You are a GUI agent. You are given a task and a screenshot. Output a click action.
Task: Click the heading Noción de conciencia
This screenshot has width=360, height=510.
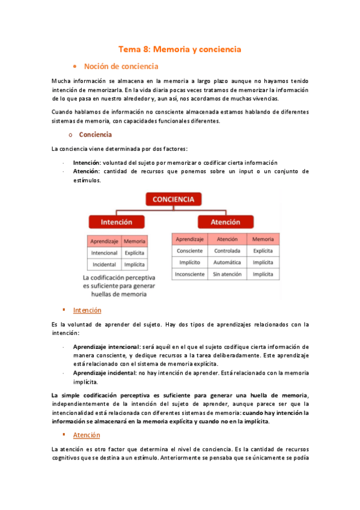[x=121, y=66]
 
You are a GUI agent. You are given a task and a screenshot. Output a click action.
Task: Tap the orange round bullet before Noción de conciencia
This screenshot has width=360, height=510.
[x=74, y=66]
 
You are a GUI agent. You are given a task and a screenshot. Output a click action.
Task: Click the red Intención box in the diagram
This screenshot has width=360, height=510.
[x=117, y=222]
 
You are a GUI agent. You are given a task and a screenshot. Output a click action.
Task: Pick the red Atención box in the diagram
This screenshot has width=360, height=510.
[x=225, y=222]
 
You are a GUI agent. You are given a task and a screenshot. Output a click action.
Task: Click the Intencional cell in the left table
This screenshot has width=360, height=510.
[x=104, y=253]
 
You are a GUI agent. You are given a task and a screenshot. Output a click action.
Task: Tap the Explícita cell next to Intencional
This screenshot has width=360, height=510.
[x=135, y=253]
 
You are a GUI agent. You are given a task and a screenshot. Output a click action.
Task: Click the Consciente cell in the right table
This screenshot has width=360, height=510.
[x=190, y=250]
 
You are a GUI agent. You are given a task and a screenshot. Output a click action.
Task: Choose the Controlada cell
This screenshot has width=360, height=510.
[x=227, y=250]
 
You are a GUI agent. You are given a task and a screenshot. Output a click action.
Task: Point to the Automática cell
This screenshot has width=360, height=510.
[x=227, y=262]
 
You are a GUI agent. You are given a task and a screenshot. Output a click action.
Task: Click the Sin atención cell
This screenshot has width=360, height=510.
[x=227, y=274]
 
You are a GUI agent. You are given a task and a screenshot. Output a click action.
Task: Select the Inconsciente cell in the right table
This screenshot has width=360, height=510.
[x=190, y=274]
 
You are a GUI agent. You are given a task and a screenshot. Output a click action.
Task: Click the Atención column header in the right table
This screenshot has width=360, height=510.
[x=227, y=239]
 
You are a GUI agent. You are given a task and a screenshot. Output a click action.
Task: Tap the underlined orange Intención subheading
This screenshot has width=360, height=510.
[x=87, y=310]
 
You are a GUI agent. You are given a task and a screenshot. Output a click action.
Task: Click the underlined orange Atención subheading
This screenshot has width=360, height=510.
[x=87, y=435]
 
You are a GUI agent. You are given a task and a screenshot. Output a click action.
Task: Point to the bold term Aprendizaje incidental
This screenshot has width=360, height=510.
[x=103, y=373]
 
